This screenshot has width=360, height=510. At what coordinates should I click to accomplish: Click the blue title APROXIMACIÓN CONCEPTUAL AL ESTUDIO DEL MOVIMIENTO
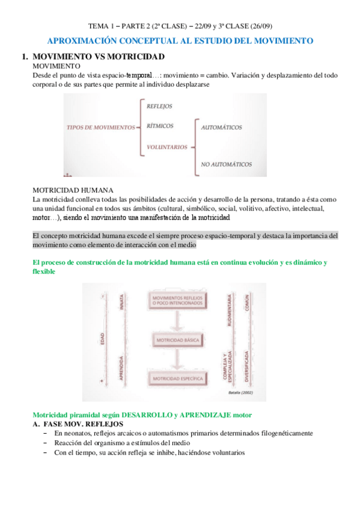[x=180, y=41]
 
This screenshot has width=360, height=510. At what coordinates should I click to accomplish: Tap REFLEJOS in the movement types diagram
[x=159, y=106]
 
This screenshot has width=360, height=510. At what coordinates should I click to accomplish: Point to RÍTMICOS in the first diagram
[x=160, y=126]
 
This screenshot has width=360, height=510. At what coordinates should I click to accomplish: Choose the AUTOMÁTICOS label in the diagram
[x=221, y=128]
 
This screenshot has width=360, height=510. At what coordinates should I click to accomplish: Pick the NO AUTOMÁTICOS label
[x=226, y=164]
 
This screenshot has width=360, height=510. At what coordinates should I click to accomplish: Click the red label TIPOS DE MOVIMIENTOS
[x=100, y=127]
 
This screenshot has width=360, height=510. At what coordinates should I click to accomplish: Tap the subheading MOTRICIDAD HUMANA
[x=72, y=189]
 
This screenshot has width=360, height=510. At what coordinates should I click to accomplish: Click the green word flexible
[x=44, y=271]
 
